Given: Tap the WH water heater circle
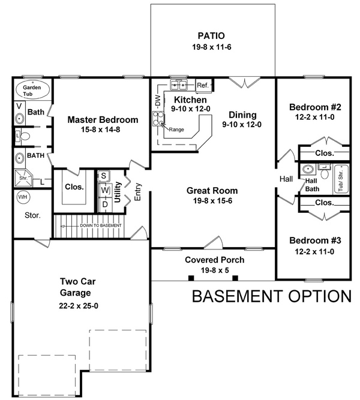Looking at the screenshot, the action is pos(23,197).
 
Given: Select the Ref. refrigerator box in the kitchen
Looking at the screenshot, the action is pos(204,86).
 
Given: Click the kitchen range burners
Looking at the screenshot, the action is pos(158,119).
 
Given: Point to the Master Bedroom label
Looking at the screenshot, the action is pos(103,120).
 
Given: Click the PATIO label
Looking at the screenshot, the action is pos(211,36).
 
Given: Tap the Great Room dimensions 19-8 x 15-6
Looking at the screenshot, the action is pos(212,201).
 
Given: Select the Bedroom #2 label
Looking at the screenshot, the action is pos(315,107).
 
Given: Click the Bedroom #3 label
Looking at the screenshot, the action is pos(315,240).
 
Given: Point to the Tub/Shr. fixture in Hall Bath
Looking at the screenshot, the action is pos(341,179).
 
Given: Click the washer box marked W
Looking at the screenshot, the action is pos(104,190).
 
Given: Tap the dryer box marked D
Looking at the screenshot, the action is pos(105,204).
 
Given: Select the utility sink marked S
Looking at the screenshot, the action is pos(104,176).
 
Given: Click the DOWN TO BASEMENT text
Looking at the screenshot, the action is pos(101,225).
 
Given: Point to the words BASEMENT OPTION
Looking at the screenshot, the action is pos(272,296).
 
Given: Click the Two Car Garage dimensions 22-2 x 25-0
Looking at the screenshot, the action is pos(79,306).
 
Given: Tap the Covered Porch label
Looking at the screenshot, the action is pos(214,260).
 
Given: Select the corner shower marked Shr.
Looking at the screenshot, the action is pos(24,178).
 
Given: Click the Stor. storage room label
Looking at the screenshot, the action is pos(32,215).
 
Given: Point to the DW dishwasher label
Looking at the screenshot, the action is pos(158,101).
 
